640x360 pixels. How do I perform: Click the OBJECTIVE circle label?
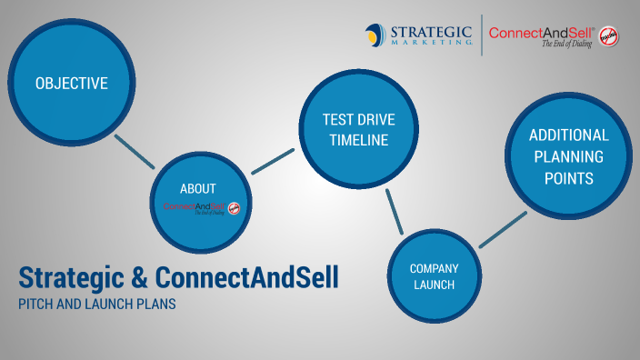point(71,84)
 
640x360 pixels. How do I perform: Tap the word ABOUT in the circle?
point(198,189)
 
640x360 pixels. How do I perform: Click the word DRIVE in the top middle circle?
point(375,120)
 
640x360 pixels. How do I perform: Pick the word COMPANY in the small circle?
point(434,268)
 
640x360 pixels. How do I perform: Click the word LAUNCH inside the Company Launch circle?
point(434,285)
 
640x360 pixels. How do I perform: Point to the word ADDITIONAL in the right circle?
point(568,135)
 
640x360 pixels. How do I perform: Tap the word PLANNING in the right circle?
point(568,156)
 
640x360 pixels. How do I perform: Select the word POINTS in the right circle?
point(568,178)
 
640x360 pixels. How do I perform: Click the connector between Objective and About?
point(135,152)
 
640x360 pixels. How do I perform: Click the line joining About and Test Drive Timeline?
point(273,161)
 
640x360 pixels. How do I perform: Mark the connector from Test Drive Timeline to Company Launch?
point(395,212)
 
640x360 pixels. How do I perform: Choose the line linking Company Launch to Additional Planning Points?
point(503,229)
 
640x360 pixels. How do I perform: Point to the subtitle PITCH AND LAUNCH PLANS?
point(96,305)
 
